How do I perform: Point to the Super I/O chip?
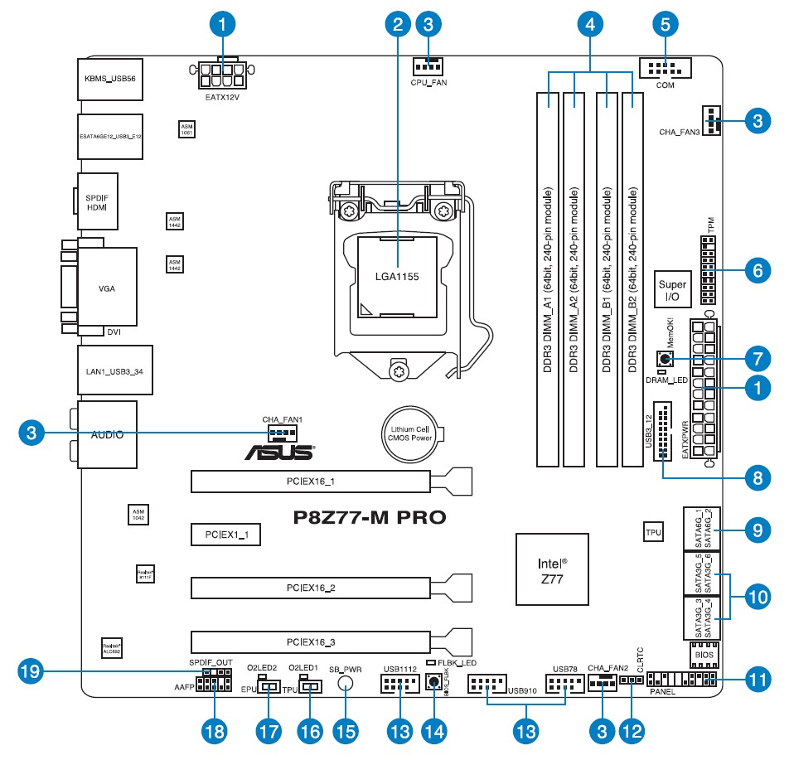tap(673, 289)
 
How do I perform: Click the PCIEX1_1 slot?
tap(225, 535)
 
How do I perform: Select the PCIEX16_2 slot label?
tap(311, 588)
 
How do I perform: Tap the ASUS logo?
tap(278, 453)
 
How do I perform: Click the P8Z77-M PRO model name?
tap(370, 518)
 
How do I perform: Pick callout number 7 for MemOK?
tap(756, 359)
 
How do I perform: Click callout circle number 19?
tap(30, 670)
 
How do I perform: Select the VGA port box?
tap(107, 288)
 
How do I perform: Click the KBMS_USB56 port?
tap(109, 80)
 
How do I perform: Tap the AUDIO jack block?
tap(107, 434)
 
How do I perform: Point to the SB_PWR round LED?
tap(346, 684)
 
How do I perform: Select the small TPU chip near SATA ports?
tap(653, 532)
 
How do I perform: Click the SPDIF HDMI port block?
tap(96, 201)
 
